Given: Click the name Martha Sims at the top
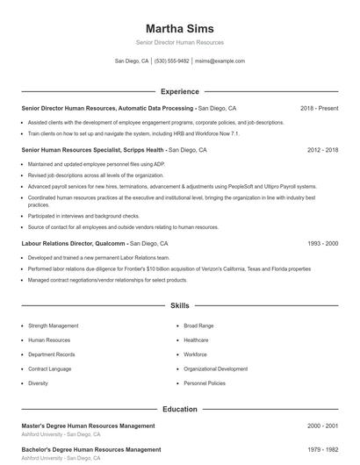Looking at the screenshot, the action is (x=179, y=28).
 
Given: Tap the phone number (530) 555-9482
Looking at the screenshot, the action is (x=172, y=61).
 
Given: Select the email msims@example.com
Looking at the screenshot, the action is (x=220, y=61).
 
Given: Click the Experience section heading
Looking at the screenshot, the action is (x=179, y=91).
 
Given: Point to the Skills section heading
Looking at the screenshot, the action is (x=179, y=306).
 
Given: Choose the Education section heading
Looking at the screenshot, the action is (x=179, y=409).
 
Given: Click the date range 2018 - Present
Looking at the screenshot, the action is (x=319, y=109).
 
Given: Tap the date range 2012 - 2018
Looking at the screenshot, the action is (x=323, y=150).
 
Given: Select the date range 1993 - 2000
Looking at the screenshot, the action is (x=323, y=243).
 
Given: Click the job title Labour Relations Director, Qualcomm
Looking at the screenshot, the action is (x=75, y=243).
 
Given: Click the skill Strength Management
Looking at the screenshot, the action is (x=54, y=325).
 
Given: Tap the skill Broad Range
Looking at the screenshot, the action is (x=198, y=325).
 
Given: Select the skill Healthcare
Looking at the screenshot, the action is (x=196, y=340).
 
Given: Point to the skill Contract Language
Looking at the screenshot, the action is (x=50, y=368).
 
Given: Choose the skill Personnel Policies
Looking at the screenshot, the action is (x=205, y=383).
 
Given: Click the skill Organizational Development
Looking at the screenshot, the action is (x=215, y=368).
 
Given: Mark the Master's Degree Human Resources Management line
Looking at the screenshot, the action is (x=88, y=426).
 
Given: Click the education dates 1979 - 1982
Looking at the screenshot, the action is (x=323, y=449).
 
